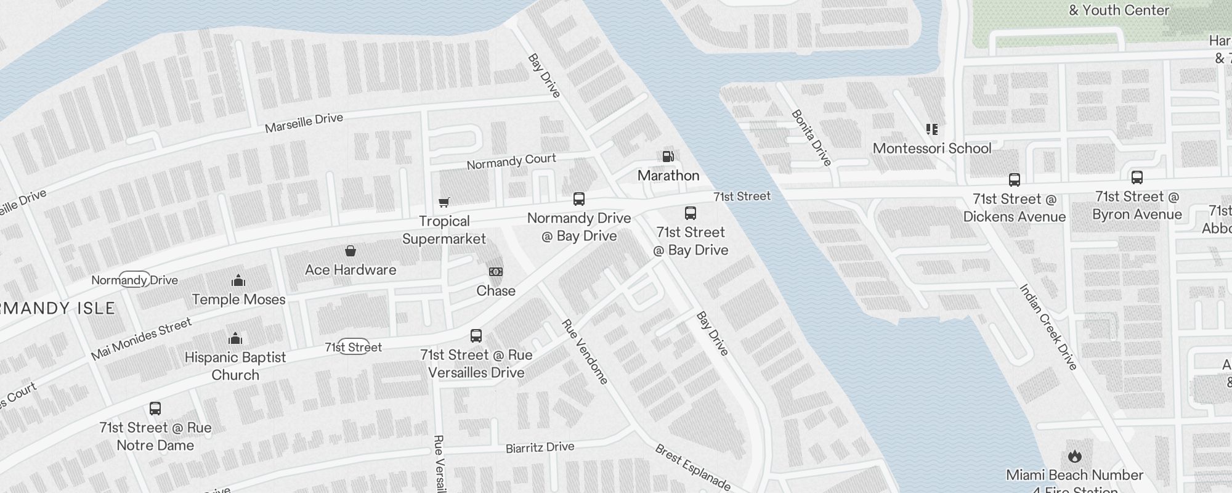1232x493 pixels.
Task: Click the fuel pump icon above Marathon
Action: (x=668, y=157)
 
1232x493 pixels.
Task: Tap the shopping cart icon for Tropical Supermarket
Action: (x=444, y=202)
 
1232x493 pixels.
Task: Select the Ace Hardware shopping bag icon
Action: (x=351, y=251)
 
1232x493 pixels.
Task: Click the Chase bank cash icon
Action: (x=496, y=272)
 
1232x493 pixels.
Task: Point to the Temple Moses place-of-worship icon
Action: (x=238, y=281)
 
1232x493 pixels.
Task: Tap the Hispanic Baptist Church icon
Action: (x=235, y=338)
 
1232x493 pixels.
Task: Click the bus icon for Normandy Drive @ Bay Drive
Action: (x=579, y=199)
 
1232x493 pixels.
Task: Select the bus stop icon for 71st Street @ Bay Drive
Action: (x=691, y=214)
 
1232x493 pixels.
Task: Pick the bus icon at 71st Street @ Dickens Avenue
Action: (x=1015, y=180)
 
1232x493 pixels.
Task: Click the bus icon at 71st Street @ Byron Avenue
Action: (x=1137, y=177)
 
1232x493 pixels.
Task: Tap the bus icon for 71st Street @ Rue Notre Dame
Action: (x=155, y=409)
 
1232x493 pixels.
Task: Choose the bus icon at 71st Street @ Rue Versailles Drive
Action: (x=476, y=336)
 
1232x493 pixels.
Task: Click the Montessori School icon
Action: (x=932, y=129)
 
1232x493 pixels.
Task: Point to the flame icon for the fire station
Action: (x=1075, y=456)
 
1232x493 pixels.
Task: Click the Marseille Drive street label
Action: (x=304, y=123)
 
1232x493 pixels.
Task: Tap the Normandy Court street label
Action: (x=511, y=162)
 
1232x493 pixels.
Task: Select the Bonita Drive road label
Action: (x=811, y=138)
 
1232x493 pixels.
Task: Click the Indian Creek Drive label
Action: (x=1048, y=327)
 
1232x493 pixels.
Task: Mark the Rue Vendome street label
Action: (x=585, y=351)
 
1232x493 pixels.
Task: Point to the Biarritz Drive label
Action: (x=540, y=447)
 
